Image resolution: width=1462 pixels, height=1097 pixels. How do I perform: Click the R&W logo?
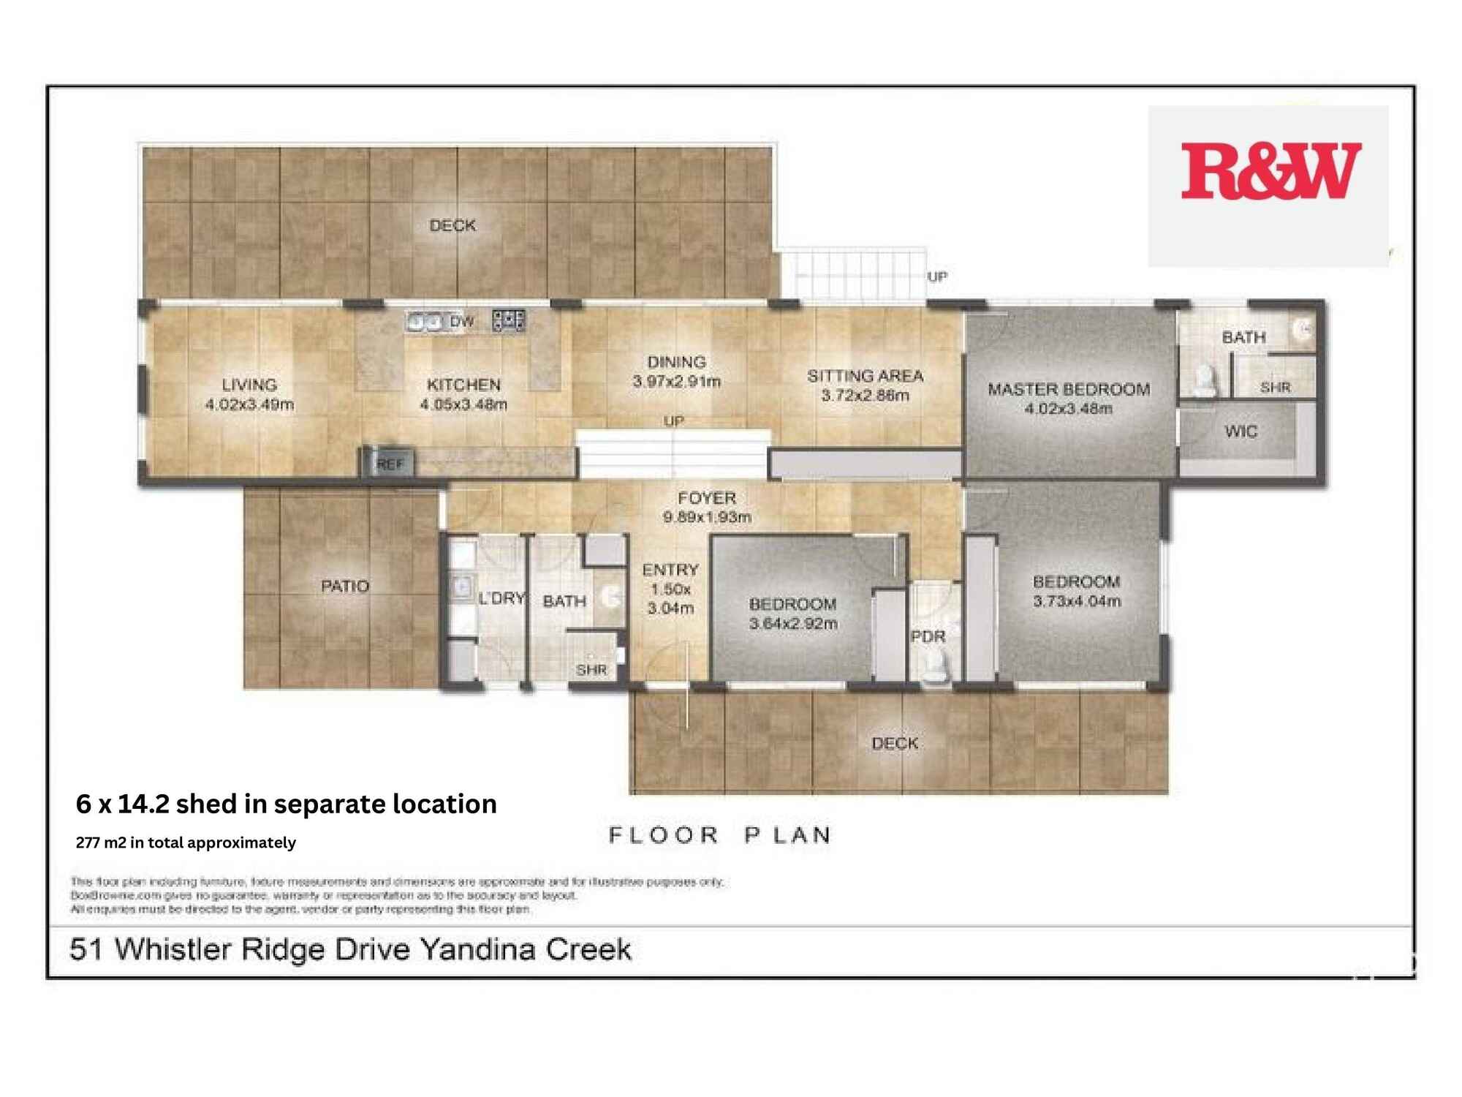[x=1270, y=171]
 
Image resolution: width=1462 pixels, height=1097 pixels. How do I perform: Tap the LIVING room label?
[x=249, y=394]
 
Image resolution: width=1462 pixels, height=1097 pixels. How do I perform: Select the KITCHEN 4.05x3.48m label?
[x=463, y=394]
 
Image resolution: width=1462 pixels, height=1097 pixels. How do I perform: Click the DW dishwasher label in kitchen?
[x=461, y=321]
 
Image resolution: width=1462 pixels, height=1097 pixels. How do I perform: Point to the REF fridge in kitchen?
[x=389, y=464]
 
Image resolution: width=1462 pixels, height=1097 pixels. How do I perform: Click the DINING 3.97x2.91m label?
[x=676, y=372]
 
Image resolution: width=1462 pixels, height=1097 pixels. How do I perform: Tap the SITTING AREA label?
[x=865, y=385]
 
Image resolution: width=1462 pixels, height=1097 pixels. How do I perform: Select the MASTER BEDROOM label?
[x=1069, y=399]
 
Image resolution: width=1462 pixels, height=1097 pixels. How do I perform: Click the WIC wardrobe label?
[x=1241, y=431]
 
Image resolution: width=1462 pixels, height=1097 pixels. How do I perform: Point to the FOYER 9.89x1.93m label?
[x=707, y=508]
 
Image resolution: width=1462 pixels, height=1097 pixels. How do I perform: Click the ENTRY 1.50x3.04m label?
[x=670, y=589]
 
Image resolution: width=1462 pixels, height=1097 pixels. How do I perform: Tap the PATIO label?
[x=345, y=586]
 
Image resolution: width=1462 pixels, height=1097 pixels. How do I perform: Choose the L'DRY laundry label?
[x=501, y=598]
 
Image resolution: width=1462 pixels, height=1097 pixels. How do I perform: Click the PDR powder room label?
[x=928, y=636]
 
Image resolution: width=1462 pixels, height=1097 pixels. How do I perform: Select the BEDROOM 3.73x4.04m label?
[x=1076, y=591]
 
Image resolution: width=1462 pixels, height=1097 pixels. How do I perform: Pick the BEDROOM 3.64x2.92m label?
[x=793, y=614]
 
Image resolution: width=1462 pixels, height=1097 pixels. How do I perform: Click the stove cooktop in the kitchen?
[x=509, y=320]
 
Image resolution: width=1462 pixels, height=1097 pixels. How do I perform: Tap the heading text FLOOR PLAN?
[x=720, y=835]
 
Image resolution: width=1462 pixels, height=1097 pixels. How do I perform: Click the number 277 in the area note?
[x=87, y=842]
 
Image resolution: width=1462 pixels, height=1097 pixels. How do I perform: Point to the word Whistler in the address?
[x=174, y=949]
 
